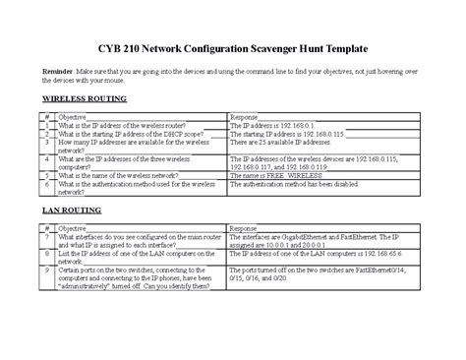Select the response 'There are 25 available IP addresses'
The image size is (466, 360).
284,143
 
